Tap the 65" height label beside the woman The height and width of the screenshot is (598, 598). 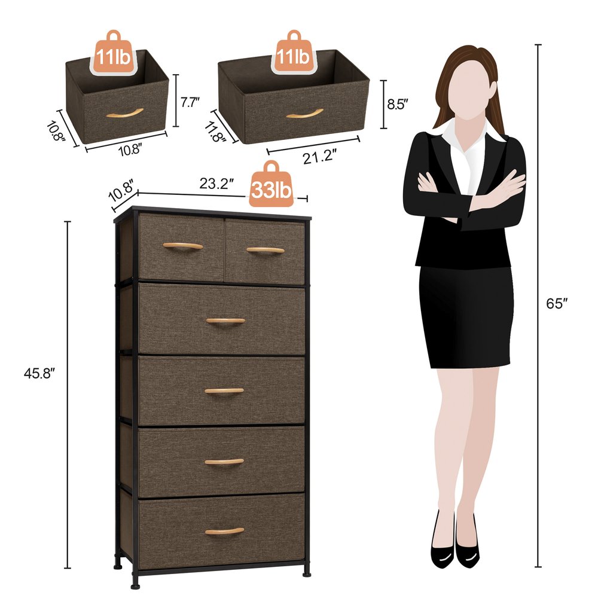(x=556, y=303)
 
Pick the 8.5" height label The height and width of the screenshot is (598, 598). (x=397, y=103)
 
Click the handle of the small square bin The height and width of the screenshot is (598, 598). (x=124, y=112)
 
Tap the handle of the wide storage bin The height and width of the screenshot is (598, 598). (x=304, y=113)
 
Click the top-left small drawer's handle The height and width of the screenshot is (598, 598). (x=183, y=246)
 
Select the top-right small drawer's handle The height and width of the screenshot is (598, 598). (x=266, y=250)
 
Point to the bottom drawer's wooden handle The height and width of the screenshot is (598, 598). (x=224, y=531)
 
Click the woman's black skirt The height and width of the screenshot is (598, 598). (x=465, y=317)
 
